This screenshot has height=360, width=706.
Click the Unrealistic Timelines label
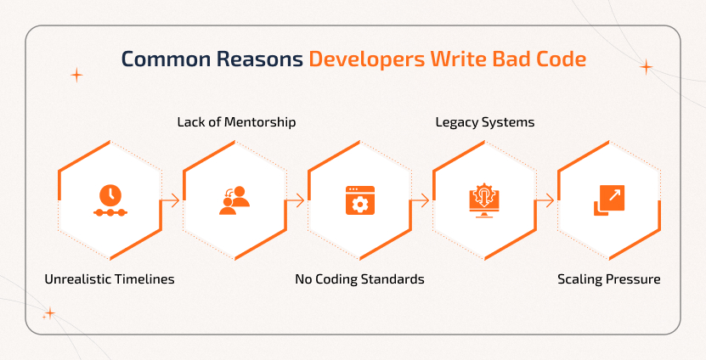(x=110, y=278)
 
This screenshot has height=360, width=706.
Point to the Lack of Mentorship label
(x=236, y=121)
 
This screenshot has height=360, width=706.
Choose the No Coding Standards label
(x=359, y=278)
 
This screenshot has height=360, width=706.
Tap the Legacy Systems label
(x=485, y=121)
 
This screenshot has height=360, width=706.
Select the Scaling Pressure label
(x=608, y=278)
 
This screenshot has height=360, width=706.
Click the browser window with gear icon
(x=359, y=200)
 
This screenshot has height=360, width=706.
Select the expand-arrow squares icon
(x=608, y=200)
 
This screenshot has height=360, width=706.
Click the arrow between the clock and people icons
(x=172, y=201)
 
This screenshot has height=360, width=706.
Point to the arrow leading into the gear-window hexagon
(x=297, y=201)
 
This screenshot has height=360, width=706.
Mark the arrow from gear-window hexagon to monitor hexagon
(x=421, y=201)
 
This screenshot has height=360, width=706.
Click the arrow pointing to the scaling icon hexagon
(x=546, y=201)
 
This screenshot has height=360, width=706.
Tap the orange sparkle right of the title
(x=646, y=67)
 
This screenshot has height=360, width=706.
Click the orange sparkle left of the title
(x=76, y=75)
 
